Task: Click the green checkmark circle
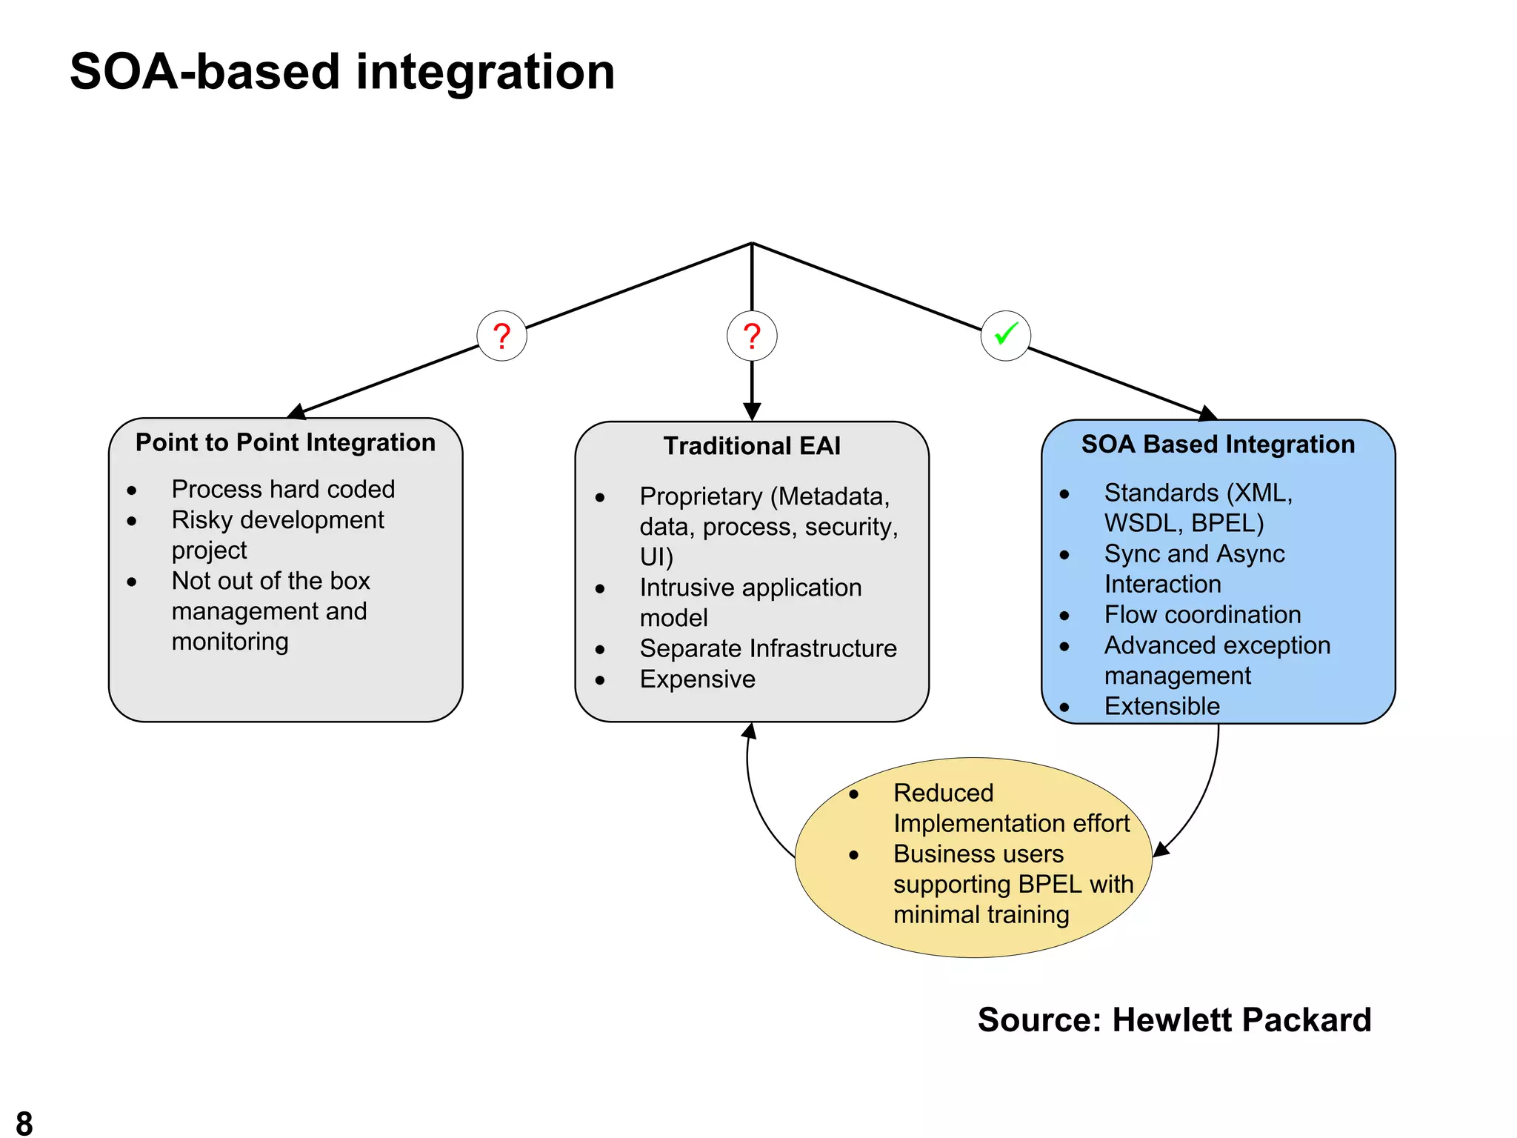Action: pos(1005,336)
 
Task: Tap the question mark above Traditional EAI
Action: pos(752,336)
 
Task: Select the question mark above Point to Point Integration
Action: pos(502,336)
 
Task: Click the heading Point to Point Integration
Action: pos(285,442)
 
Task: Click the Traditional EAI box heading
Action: pos(752,446)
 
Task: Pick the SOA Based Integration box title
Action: pos(1218,444)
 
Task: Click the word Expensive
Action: pos(697,679)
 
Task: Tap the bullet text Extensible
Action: pos(1161,706)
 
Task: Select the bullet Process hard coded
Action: pos(283,489)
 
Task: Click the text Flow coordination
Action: pos(1202,615)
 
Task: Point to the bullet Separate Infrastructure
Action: pos(768,648)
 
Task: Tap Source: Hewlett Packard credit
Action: pos(1174,1020)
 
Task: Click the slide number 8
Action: pos(24,1122)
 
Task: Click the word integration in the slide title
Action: pos(485,73)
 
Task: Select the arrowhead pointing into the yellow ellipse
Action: pos(1160,851)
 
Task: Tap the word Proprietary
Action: pos(701,496)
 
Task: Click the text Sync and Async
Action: pos(1194,554)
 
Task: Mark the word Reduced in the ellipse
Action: pos(943,793)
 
